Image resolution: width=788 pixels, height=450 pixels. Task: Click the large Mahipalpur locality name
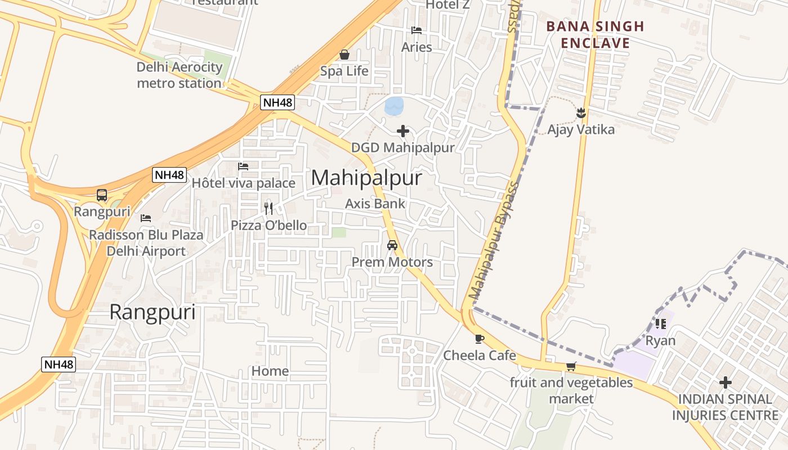click(366, 178)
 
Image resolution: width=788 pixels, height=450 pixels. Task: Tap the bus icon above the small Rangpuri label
click(102, 195)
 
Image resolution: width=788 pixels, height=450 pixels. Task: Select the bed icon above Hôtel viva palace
click(243, 166)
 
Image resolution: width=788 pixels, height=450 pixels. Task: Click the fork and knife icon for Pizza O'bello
click(268, 209)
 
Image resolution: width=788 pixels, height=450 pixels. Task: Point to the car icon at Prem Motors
click(392, 245)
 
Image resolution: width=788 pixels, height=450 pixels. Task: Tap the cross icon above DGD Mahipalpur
click(403, 131)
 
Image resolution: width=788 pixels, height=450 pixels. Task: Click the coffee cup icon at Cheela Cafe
click(479, 339)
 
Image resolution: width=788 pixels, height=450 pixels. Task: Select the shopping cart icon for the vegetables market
click(571, 367)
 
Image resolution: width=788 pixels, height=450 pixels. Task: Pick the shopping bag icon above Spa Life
click(344, 55)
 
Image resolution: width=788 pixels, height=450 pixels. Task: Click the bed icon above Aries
click(417, 30)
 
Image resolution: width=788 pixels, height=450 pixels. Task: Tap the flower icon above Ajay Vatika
click(581, 113)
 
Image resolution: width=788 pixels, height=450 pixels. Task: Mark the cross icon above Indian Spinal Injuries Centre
click(726, 383)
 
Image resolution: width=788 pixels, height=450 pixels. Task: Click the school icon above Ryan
click(660, 324)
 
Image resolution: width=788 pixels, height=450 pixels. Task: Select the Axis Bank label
click(375, 204)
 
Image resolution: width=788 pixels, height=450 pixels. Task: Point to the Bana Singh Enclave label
click(595, 34)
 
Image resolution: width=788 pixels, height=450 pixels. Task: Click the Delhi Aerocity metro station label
click(180, 75)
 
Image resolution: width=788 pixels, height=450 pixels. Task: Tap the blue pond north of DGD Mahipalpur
click(394, 105)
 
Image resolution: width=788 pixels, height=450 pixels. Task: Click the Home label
click(270, 371)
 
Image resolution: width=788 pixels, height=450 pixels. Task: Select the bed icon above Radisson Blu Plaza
click(146, 218)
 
